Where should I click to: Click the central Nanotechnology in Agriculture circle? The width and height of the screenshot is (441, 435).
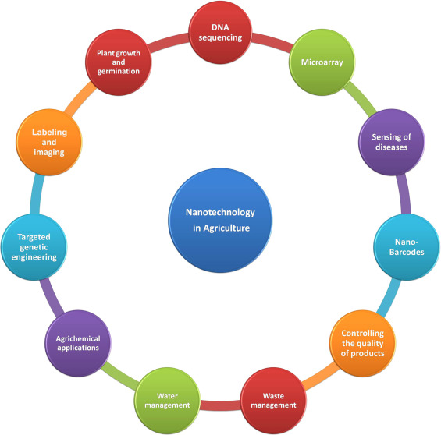pos(220,220)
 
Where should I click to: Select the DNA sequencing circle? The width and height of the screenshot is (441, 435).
pos(220,32)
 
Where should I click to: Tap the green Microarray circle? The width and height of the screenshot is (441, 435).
pos(322,62)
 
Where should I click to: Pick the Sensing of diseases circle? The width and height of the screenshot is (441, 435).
pos(392,142)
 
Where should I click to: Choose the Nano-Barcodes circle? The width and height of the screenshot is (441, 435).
pos(407,247)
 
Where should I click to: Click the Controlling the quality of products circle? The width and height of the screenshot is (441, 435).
pos(362,343)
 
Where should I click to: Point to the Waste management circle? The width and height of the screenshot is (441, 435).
pos(273,401)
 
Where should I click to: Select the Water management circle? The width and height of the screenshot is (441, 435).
pos(167,401)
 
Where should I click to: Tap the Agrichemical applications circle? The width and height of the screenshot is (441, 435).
pos(78,343)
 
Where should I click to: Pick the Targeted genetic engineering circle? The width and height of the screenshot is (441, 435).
pos(34,247)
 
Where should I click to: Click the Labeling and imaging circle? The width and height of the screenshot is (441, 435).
pos(49,142)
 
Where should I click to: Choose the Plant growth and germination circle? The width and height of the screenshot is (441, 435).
pos(119,62)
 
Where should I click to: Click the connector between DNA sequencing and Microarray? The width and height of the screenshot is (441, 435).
pos(272,41)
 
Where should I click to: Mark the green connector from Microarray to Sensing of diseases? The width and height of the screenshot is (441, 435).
pos(361,99)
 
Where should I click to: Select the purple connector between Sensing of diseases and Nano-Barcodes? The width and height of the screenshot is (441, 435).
pos(404,194)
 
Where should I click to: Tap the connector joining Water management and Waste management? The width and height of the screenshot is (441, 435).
pos(220,405)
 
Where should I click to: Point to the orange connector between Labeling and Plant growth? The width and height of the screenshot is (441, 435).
pos(80,99)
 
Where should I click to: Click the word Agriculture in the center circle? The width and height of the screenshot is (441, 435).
pos(226,228)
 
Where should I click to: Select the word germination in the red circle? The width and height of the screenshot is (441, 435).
pos(119,71)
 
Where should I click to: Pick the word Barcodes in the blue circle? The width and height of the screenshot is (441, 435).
pos(407,252)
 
